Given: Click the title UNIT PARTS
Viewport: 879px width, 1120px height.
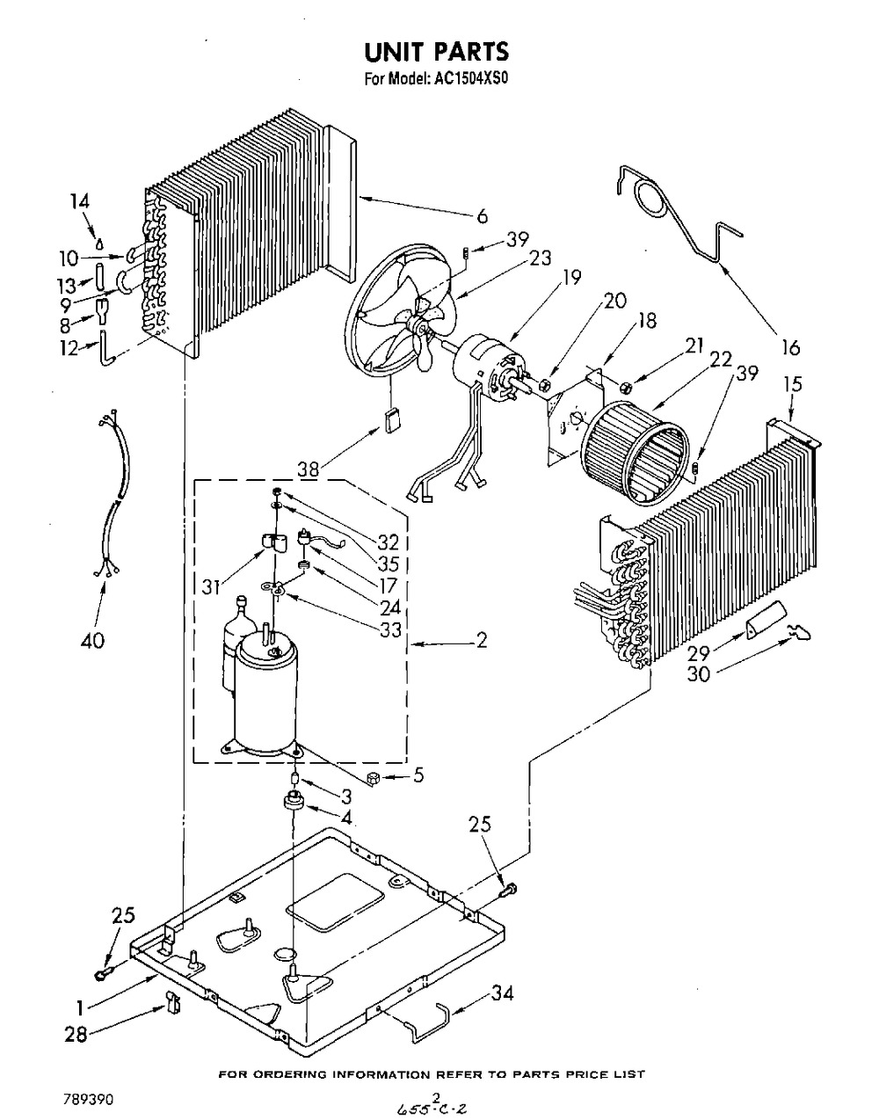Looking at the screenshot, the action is (x=437, y=51).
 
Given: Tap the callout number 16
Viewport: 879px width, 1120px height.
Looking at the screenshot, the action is (x=791, y=348).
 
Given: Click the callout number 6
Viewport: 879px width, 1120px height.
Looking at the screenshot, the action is (x=483, y=216).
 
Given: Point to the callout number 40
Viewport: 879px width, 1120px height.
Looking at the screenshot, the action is (x=93, y=641).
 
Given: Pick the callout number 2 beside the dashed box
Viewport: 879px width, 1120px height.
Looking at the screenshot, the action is (x=481, y=641).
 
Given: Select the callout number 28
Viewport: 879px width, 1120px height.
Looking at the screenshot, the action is (x=76, y=1035).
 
